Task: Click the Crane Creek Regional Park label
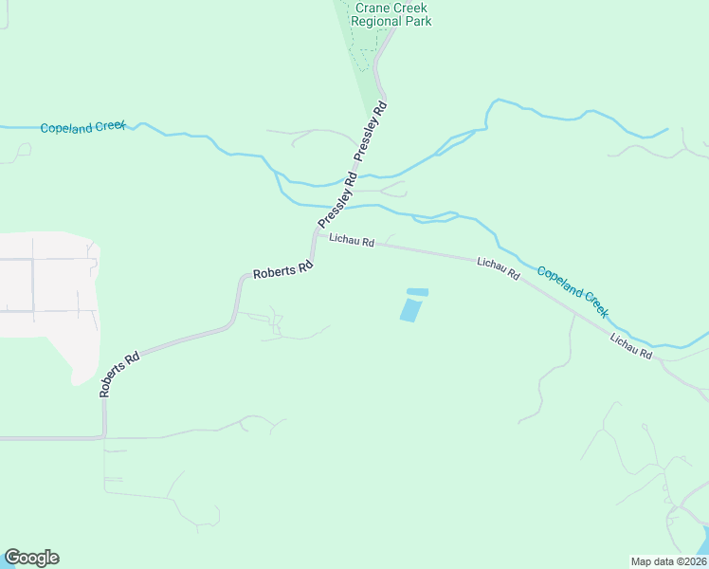click(x=391, y=13)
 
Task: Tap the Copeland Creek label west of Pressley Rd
click(x=83, y=127)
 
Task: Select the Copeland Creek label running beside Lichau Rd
click(x=573, y=291)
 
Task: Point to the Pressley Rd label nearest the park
click(x=373, y=129)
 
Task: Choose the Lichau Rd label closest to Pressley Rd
click(x=352, y=242)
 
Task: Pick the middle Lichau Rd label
click(x=499, y=268)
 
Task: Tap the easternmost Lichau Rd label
click(x=631, y=346)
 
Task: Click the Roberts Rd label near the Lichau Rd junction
click(x=282, y=269)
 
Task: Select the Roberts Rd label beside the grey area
click(x=120, y=375)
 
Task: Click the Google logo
click(x=31, y=558)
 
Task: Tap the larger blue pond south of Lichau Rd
click(x=409, y=310)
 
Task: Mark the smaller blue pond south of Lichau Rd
click(x=417, y=291)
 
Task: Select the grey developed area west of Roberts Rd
click(x=47, y=284)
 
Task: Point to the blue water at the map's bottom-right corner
click(x=703, y=545)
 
